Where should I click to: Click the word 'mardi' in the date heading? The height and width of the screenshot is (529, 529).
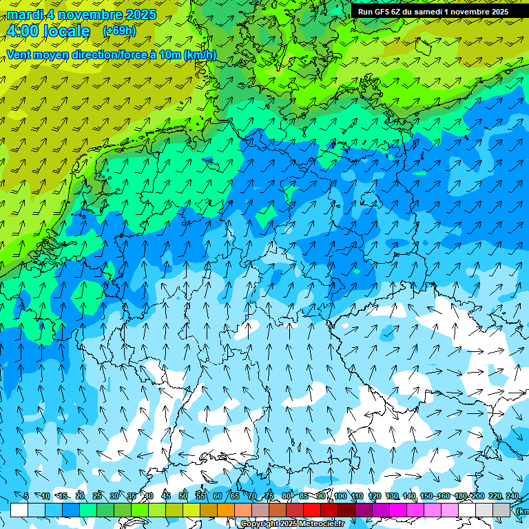tap(23, 14)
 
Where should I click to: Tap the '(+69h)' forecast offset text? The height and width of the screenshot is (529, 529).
tap(119, 30)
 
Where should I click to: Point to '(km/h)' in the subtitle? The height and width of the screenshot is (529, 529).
tap(200, 55)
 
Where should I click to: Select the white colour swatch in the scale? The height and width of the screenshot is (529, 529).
tap(19, 510)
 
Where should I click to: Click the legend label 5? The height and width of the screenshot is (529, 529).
tap(26, 497)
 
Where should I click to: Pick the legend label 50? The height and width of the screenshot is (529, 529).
tap(183, 497)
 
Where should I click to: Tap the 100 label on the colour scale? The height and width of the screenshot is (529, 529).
tap(340, 497)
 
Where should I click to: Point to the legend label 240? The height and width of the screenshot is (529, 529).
tap(512, 497)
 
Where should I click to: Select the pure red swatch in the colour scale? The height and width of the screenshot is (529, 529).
tap(312, 510)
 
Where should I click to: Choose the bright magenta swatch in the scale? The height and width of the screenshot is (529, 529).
tap(398, 510)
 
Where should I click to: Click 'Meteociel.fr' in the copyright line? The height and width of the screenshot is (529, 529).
tap(322, 524)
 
